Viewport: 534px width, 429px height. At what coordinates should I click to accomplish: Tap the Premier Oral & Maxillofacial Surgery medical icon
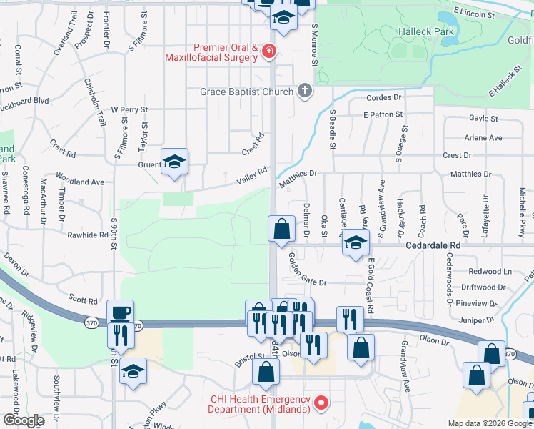pyautogui.click(x=268, y=51)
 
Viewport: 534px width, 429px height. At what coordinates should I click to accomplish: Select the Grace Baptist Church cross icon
pyautogui.click(x=305, y=91)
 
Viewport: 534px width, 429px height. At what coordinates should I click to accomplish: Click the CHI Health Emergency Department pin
pyautogui.click(x=321, y=403)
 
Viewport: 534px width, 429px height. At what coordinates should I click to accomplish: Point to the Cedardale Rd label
pyautogui.click(x=487, y=244)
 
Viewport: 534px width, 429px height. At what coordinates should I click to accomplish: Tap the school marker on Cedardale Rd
pyautogui.click(x=355, y=243)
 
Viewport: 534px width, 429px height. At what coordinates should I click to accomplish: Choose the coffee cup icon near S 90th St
pyautogui.click(x=120, y=312)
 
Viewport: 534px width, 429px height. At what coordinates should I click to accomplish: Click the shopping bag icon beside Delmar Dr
pyautogui.click(x=282, y=229)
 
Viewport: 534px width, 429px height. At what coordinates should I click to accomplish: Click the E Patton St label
pyautogui.click(x=383, y=114)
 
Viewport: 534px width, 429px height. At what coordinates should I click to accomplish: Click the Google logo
pyautogui.click(x=24, y=420)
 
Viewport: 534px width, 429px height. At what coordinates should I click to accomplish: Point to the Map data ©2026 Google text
pyautogui.click(x=490, y=423)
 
